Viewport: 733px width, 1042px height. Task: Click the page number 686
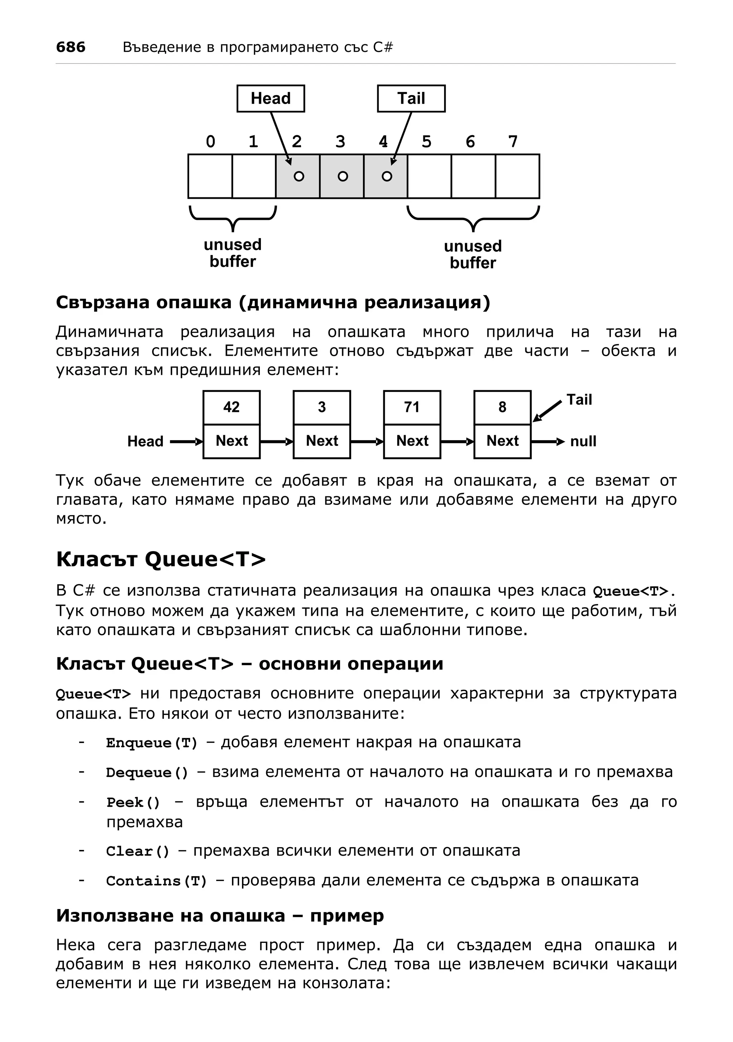point(71,47)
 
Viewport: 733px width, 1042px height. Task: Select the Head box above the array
point(270,98)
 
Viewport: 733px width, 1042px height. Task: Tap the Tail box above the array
point(411,98)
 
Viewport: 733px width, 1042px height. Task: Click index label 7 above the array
point(513,142)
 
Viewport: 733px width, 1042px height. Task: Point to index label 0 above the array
point(210,142)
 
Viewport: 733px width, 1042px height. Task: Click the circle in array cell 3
point(343,176)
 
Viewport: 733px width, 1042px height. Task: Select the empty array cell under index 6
point(473,176)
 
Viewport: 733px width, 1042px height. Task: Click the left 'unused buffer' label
point(233,253)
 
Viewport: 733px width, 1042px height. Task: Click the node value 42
point(231,407)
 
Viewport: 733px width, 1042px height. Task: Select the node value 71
point(412,407)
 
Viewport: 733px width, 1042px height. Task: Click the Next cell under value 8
point(502,441)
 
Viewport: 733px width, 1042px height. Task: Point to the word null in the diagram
point(583,441)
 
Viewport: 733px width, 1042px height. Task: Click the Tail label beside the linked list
point(579,400)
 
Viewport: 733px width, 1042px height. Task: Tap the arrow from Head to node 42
point(186,441)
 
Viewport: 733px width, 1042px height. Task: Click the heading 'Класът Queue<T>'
point(161,559)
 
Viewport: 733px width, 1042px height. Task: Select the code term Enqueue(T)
point(152,743)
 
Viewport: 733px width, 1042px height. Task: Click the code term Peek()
point(133,803)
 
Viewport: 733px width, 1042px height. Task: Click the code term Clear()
point(137,851)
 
